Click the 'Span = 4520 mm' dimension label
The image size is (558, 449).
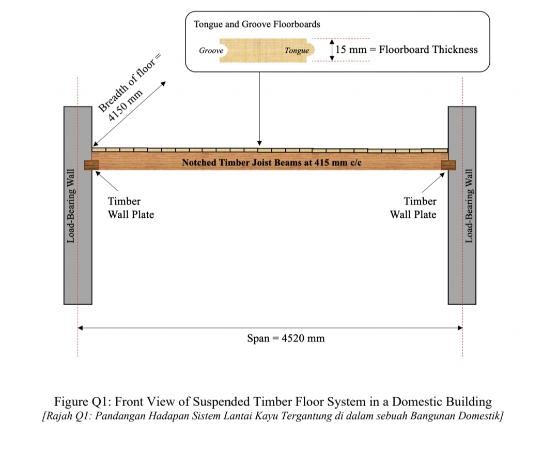coord(286,338)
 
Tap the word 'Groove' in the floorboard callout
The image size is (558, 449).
coord(211,51)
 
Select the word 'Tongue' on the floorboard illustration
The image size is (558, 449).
coord(297,51)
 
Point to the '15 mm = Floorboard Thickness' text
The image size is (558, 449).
coord(407,50)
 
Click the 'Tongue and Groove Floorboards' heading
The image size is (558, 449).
coord(257,24)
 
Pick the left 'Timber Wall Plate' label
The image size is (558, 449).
coord(130,208)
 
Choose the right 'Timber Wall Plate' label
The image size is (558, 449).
coord(413,208)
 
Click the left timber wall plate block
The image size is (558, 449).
coord(91,165)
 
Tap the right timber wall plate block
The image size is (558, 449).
coord(448,165)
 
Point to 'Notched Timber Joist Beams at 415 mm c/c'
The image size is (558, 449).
coord(271,162)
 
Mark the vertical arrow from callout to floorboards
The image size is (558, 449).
coord(259,109)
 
